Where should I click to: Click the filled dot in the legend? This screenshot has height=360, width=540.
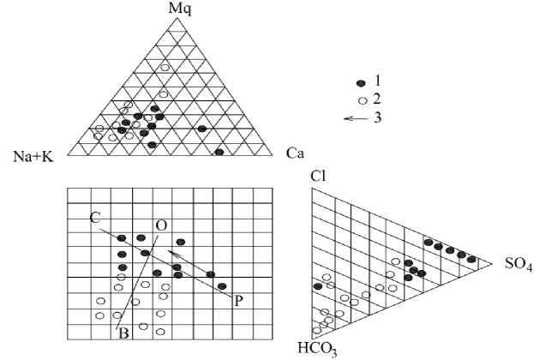point(362,81)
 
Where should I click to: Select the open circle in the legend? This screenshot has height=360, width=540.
point(362,99)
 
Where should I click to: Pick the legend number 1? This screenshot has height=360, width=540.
point(377,80)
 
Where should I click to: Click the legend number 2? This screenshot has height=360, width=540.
point(377,99)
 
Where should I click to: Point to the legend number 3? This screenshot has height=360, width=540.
point(377,117)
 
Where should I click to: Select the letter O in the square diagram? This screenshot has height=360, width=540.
point(160,225)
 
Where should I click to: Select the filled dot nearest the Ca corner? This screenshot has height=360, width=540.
point(219,152)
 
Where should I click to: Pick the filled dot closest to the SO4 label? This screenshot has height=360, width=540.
point(471,259)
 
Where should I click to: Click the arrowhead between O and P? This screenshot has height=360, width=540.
point(172,254)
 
